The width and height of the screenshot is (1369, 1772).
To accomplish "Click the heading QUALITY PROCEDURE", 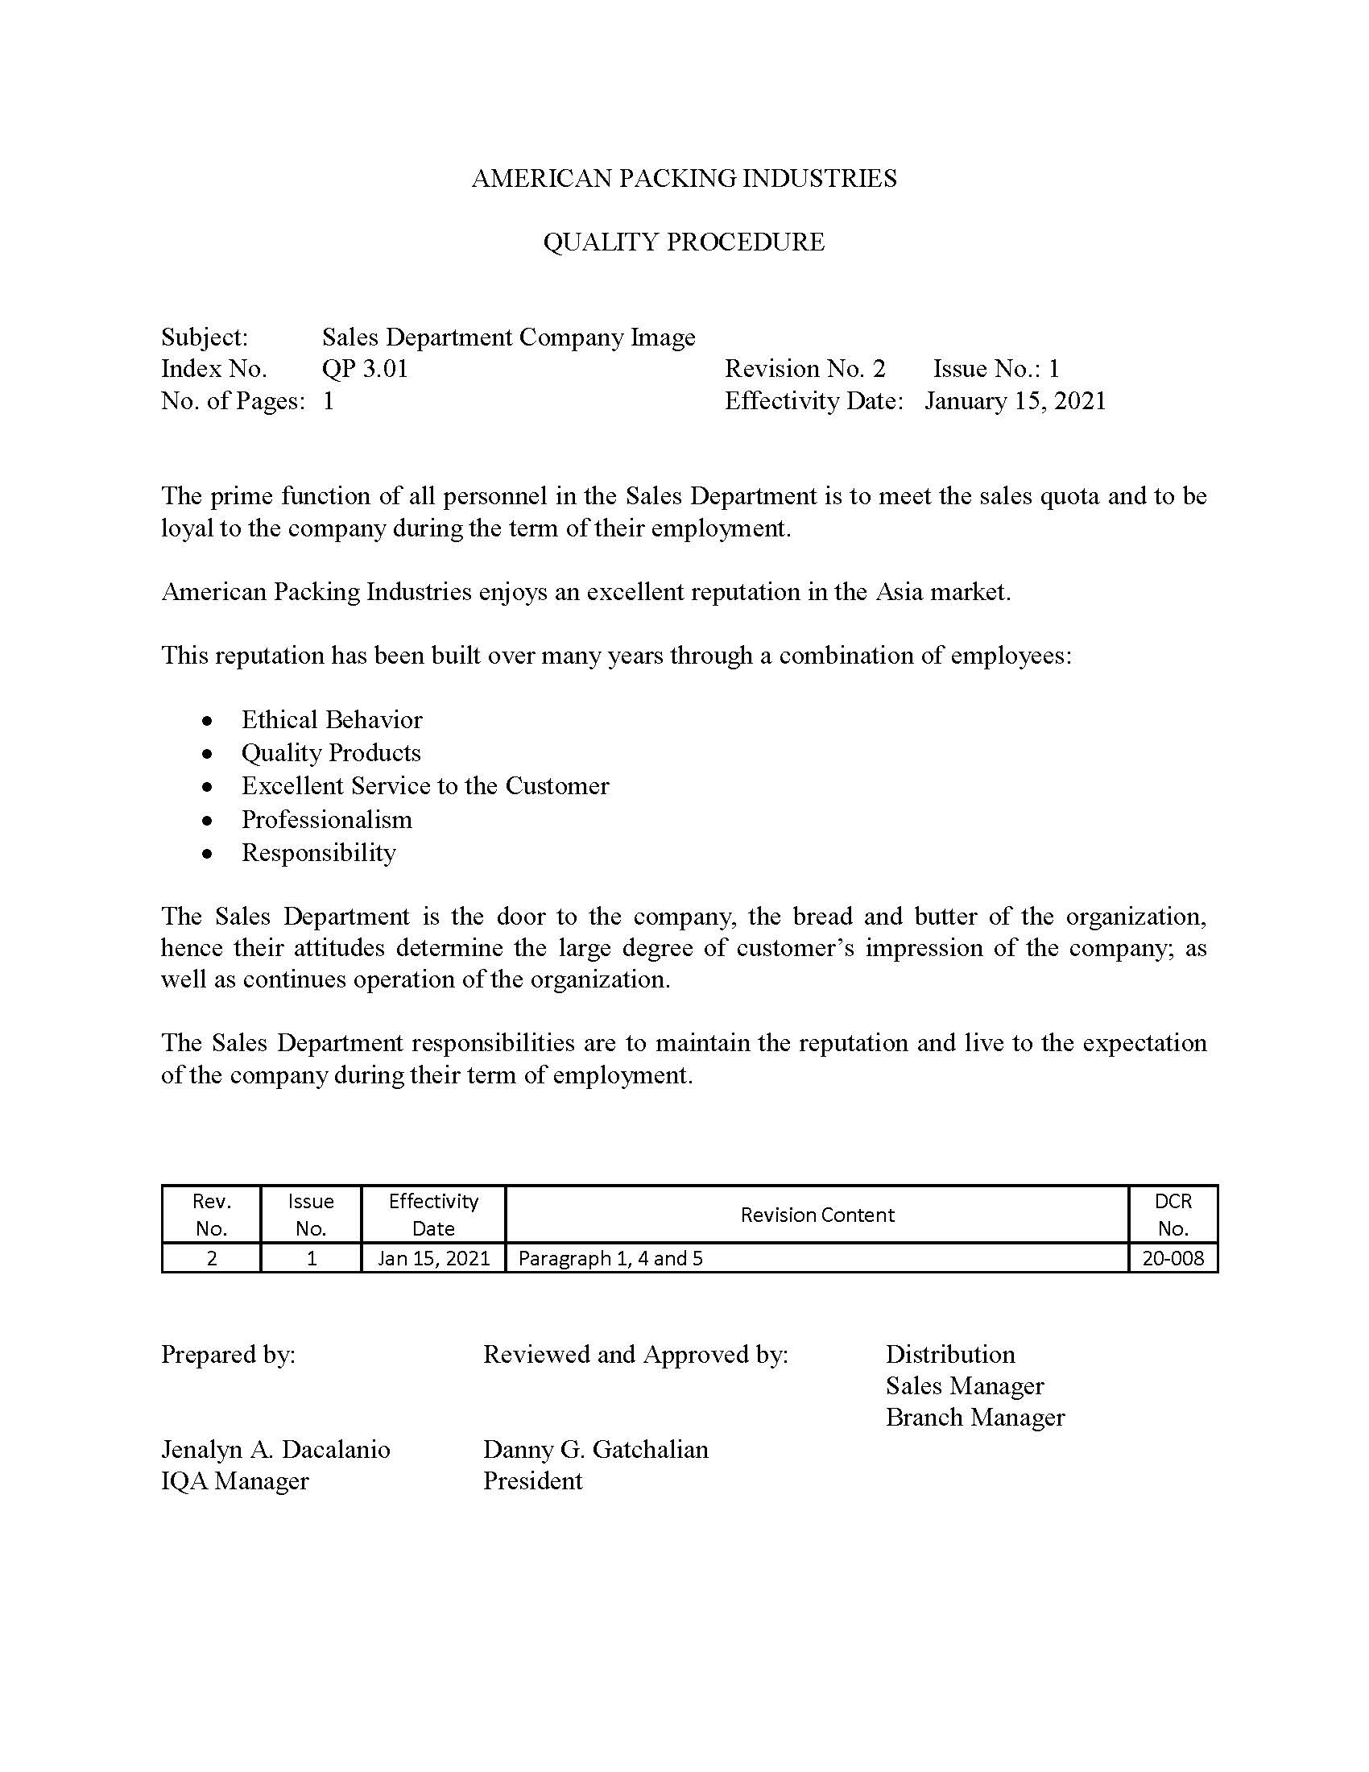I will (x=684, y=242).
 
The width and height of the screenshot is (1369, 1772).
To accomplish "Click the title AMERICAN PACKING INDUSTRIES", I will (x=684, y=179).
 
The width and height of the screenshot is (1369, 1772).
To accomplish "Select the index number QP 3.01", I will (x=365, y=369).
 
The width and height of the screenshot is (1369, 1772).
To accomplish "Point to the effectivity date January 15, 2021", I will (x=1015, y=401).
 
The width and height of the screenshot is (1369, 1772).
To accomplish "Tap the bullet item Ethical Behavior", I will (x=332, y=719).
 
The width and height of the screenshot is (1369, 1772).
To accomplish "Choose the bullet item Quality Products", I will (x=331, y=753).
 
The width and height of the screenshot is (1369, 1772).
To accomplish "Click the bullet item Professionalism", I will (x=327, y=819).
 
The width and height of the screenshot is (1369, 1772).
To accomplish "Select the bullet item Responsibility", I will (x=319, y=853).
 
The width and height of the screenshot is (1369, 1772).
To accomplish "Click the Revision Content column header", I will (x=817, y=1215).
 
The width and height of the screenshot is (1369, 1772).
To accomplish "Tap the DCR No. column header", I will (x=1173, y=1215).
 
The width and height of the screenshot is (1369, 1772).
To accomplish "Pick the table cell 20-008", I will (x=1173, y=1258).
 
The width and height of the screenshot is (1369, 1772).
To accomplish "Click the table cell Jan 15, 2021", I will (x=434, y=1258).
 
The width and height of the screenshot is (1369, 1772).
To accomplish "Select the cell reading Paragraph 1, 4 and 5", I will (x=610, y=1258).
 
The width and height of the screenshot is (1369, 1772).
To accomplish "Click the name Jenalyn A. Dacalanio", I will (x=275, y=1450).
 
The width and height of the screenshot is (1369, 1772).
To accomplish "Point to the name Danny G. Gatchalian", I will (x=596, y=1450).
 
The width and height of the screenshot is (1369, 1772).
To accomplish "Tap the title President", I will (x=533, y=1481).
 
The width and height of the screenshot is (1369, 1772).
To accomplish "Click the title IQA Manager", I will (x=235, y=1481).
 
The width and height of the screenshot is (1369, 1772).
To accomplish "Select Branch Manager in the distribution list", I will (x=975, y=1418).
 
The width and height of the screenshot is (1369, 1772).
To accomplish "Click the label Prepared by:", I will (x=228, y=1354).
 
